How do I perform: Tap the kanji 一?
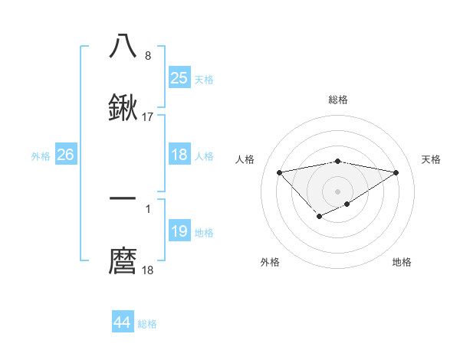(x=123, y=198)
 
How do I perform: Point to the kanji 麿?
(x=123, y=261)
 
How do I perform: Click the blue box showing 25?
(x=179, y=78)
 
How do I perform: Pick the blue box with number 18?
(x=179, y=155)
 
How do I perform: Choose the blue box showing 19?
(x=179, y=231)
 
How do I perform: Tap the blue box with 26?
(x=65, y=155)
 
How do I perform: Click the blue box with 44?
(x=122, y=322)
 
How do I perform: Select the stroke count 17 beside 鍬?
(x=148, y=117)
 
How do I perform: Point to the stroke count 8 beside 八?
(x=148, y=56)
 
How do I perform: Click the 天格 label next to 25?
(x=204, y=79)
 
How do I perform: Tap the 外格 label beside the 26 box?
(x=41, y=155)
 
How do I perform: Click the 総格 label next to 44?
(x=147, y=324)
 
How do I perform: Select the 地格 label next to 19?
(x=204, y=233)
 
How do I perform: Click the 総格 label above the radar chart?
(x=338, y=100)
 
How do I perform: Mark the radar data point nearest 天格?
(x=396, y=172)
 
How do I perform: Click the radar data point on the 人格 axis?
(x=279, y=172)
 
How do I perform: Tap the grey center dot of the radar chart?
(x=338, y=191)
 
